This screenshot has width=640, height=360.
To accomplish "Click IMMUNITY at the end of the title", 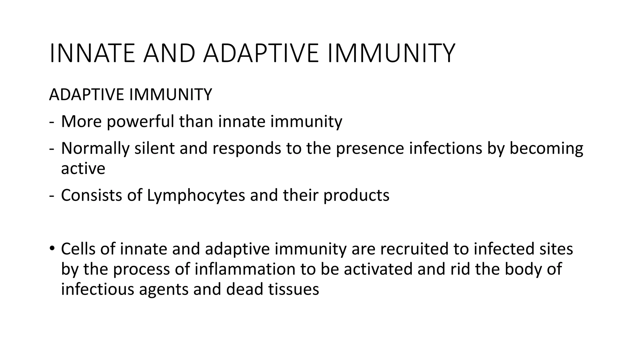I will click(390, 53).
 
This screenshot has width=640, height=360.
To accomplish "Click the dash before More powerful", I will click(51, 122).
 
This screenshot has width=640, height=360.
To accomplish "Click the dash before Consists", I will click(51, 196).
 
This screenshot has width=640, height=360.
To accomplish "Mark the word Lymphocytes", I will click(196, 195).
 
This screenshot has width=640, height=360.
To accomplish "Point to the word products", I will click(356, 195).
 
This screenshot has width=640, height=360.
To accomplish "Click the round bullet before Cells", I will click(52, 249).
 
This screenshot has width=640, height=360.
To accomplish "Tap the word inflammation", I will click(245, 269).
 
